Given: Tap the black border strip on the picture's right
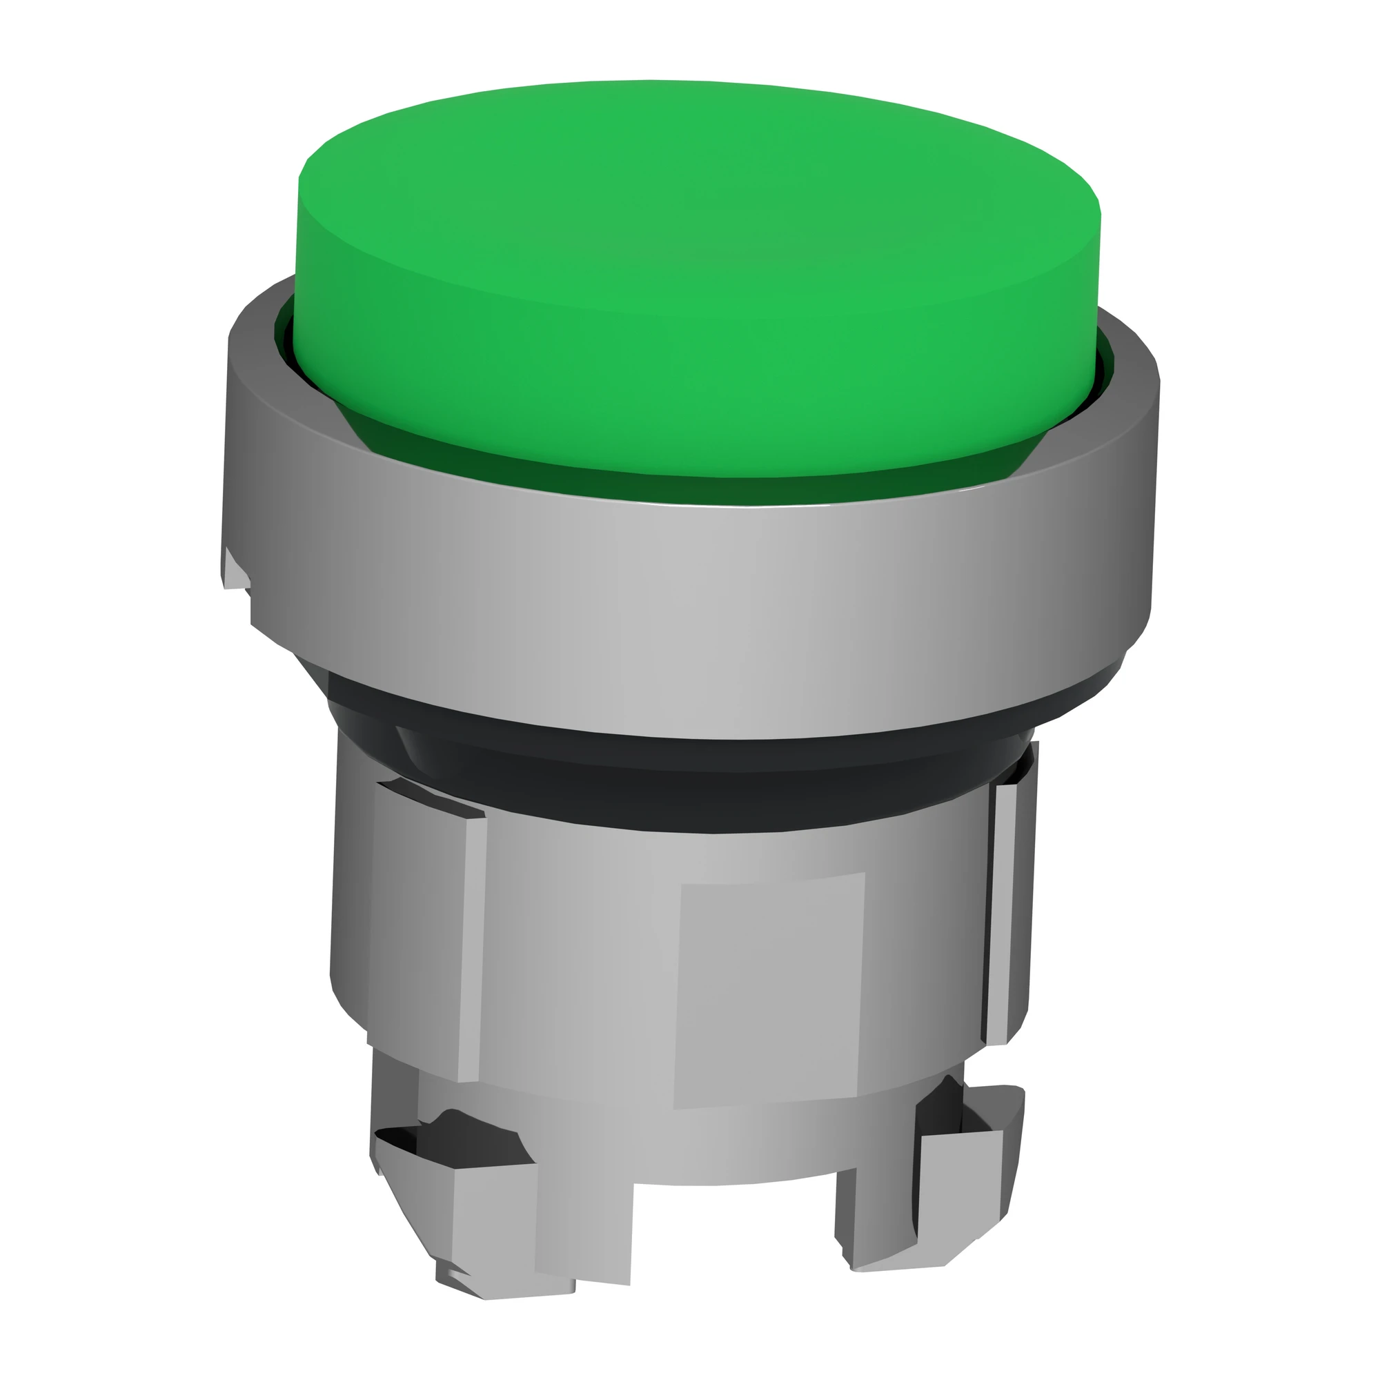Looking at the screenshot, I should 1297,690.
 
